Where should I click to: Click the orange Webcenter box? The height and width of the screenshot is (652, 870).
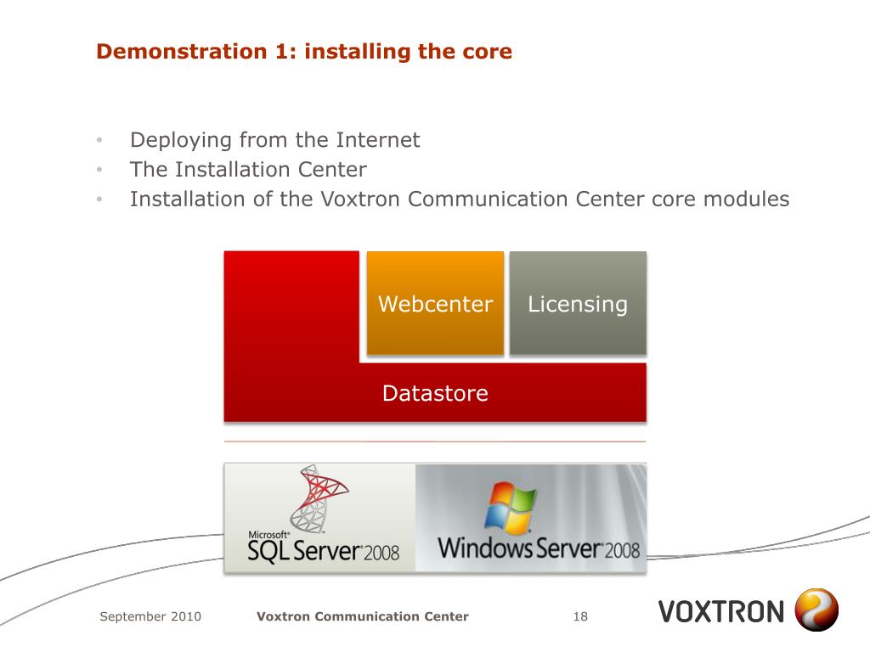[x=435, y=303]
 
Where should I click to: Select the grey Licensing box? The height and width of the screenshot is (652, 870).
[x=578, y=303]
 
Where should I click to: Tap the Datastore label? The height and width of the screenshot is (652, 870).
[x=435, y=393]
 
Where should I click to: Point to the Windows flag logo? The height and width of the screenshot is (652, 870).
[x=510, y=508]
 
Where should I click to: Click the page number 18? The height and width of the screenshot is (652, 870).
[x=580, y=616]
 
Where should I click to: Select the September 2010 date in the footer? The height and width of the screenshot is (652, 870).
[x=150, y=616]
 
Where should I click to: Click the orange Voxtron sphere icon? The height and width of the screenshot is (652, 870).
[x=816, y=611]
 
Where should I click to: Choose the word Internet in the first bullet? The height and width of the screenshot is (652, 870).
[x=378, y=140]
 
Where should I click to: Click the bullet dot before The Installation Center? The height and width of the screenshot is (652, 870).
[x=99, y=170]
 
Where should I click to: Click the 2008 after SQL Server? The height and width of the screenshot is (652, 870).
[x=381, y=554]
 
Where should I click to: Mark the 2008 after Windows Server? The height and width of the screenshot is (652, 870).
[x=622, y=549]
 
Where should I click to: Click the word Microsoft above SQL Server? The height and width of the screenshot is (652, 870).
[x=268, y=535]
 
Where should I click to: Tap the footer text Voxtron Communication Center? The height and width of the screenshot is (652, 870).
[x=363, y=616]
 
